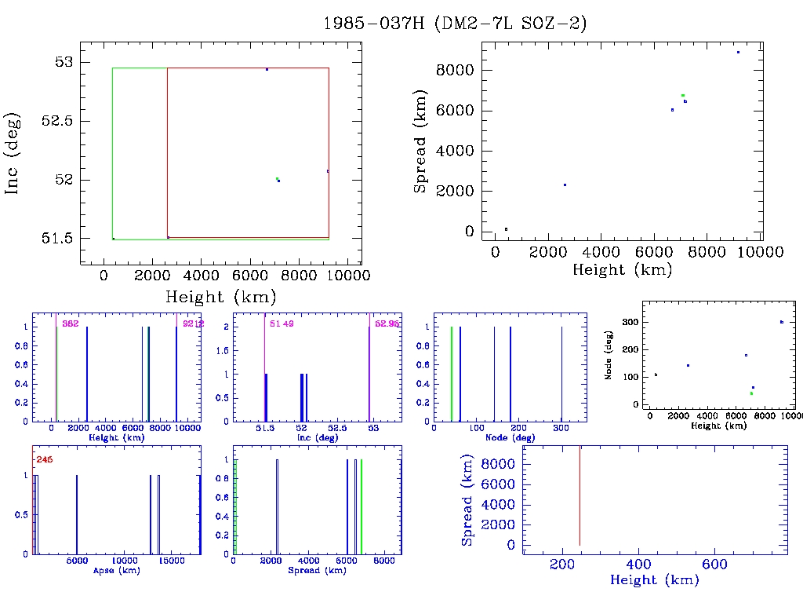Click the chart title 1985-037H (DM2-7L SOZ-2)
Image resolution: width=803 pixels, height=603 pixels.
[x=455, y=24]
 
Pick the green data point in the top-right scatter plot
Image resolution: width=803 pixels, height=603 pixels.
[x=683, y=95]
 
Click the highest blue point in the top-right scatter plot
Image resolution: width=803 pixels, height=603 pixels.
[x=738, y=52]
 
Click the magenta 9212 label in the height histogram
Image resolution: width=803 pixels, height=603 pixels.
[x=193, y=323]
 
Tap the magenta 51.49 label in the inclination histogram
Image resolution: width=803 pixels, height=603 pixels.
[x=282, y=323]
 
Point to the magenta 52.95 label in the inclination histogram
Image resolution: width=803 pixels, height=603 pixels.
[x=387, y=323]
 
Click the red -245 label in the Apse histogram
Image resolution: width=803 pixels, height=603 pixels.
[x=43, y=459]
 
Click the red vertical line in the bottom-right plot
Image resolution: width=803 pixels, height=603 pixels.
[x=580, y=495]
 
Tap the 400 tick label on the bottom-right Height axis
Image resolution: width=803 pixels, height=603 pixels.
[x=639, y=564]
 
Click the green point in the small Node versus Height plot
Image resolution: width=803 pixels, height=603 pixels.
[x=751, y=393]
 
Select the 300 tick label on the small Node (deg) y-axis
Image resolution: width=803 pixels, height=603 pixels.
[x=627, y=322]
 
